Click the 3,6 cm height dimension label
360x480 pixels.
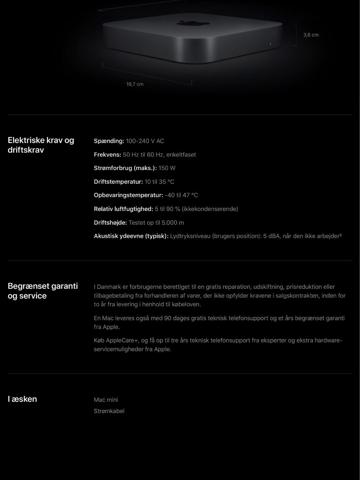click(310, 35)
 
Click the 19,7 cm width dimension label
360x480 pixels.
click(135, 84)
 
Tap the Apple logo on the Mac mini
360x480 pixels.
click(193, 23)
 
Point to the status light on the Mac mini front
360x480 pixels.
click(270, 44)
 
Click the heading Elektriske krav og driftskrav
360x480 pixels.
click(41, 145)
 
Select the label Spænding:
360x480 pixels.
click(109, 141)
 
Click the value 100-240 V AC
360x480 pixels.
click(145, 141)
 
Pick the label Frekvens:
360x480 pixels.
click(107, 155)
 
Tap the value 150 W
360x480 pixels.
click(167, 168)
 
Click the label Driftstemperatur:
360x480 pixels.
click(118, 182)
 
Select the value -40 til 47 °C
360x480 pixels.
click(181, 195)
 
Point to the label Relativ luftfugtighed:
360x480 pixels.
click(123, 209)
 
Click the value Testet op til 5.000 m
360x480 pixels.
click(156, 223)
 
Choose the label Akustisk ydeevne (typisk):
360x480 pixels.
click(131, 236)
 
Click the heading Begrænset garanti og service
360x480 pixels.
click(43, 291)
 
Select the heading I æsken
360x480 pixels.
click(22, 399)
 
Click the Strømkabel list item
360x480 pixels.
click(109, 411)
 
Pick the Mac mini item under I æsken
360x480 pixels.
click(106, 400)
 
